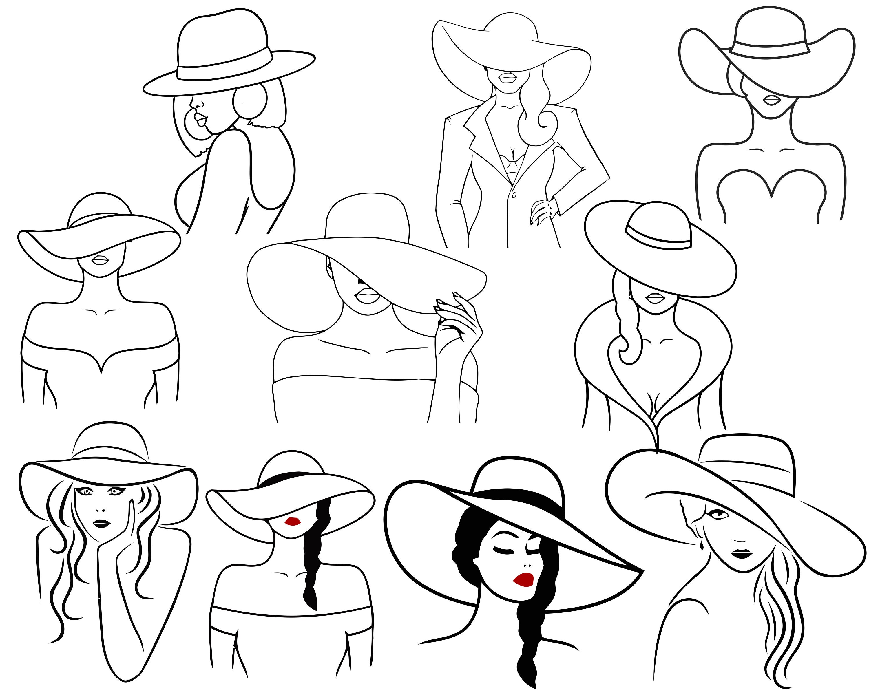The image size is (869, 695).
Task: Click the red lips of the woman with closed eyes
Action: (x=524, y=580)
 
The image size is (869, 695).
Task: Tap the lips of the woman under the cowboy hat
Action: (x=772, y=100)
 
